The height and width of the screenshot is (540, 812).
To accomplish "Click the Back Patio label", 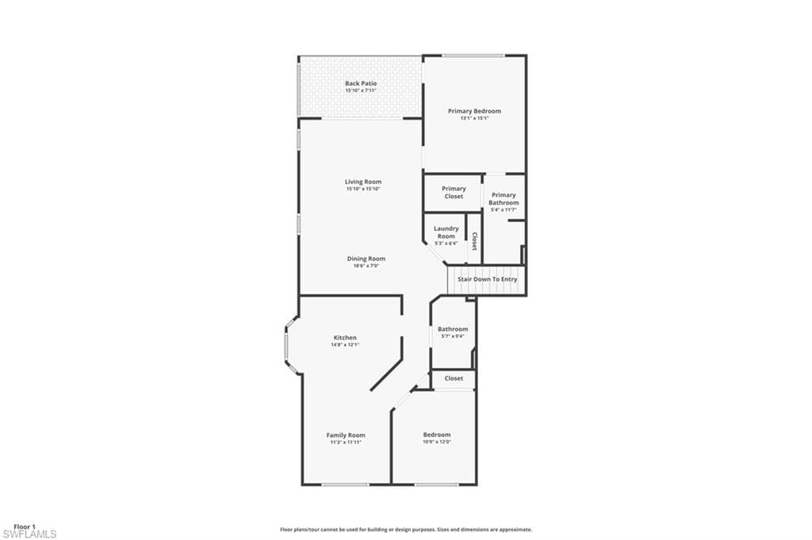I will point(361,83).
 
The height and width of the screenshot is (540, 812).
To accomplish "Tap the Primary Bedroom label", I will point(474,111).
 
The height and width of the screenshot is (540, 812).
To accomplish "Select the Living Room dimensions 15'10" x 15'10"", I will point(363,190).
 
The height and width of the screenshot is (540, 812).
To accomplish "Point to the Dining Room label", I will point(366,259).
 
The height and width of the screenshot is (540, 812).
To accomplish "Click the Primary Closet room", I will point(454,193).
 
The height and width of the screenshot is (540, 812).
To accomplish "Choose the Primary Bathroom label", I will point(504,199).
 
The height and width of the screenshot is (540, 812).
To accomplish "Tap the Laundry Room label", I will point(446,232).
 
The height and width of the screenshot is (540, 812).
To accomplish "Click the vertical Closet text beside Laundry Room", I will point(474,241).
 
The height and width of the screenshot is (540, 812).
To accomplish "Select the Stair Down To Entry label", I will point(487,280).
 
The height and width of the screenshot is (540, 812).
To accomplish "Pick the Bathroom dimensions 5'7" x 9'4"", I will point(453,336).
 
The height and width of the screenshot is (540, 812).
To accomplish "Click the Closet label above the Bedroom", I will point(454,379).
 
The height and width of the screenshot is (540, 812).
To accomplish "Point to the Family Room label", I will point(346,435).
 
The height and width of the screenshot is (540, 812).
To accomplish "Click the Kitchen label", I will point(345,338).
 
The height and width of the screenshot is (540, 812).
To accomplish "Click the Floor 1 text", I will point(25,527).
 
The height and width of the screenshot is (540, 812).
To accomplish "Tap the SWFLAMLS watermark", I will point(29,534).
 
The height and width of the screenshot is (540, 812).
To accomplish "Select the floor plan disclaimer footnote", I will point(405,529).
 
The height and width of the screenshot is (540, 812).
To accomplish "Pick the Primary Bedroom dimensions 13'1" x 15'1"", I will point(474,119).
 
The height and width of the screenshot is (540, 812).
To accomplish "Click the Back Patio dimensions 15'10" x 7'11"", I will point(361,91).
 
